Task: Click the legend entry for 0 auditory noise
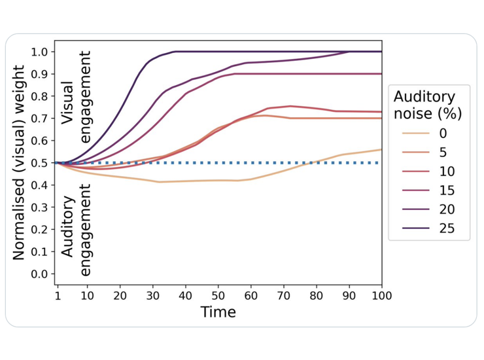tap(428, 134)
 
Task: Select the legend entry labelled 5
tap(428, 153)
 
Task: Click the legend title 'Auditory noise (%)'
tap(428, 105)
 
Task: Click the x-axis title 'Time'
tap(218, 312)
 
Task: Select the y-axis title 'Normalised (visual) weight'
tap(19, 162)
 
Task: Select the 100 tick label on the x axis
tap(381, 295)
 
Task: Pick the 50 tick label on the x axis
tap(218, 295)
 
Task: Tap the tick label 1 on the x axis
tap(58, 295)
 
